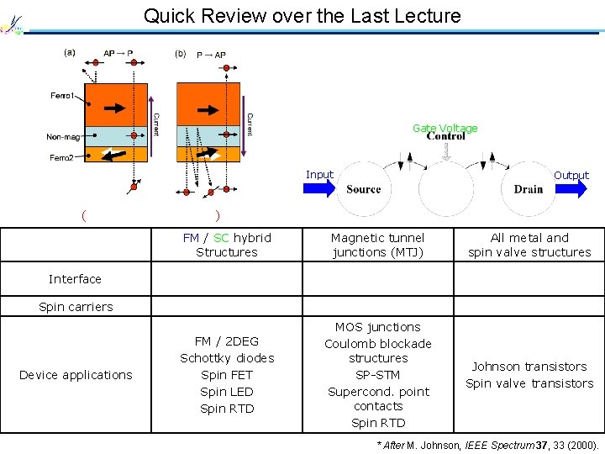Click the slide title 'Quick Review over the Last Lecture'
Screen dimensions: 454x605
[x=302, y=16]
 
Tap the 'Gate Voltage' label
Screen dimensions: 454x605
[x=445, y=128]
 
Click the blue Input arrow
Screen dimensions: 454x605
[x=320, y=189]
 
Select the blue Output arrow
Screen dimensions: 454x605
[x=571, y=189]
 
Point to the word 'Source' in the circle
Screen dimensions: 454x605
[x=363, y=189]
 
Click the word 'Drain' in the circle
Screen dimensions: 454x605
[x=529, y=189]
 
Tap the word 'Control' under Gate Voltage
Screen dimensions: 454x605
[x=445, y=136]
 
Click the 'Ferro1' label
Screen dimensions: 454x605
[x=61, y=95]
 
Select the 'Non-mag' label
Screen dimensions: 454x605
[x=64, y=137]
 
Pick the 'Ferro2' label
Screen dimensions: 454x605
[x=61, y=157]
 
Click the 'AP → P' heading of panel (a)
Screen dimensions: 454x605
[x=118, y=53]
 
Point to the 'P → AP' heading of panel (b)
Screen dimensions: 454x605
[x=211, y=55]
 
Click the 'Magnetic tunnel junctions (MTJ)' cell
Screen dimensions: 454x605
[x=378, y=245]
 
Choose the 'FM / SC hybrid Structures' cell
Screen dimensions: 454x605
[x=227, y=245]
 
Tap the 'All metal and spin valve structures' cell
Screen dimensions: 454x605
[x=529, y=245]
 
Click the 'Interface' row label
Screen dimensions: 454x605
[x=75, y=279]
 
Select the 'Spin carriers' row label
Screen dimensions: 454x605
[x=76, y=307]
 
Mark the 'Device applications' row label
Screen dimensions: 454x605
[x=76, y=375]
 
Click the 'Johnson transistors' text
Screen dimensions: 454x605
[x=529, y=367]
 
